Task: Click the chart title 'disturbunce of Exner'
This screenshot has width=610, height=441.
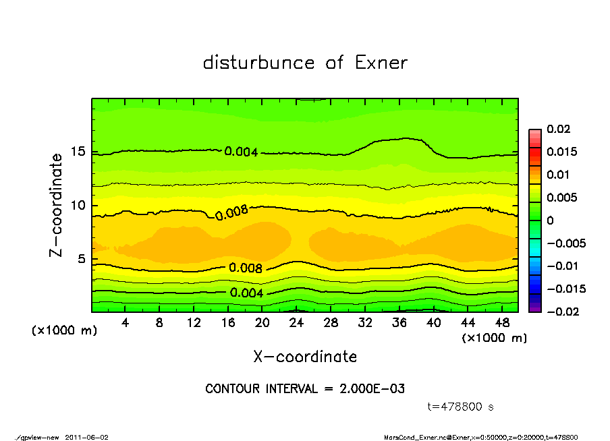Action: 305,63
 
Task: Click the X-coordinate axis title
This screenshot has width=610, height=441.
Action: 305,357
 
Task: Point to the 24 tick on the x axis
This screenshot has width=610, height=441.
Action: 296,323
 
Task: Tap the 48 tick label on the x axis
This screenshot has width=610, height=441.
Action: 501,323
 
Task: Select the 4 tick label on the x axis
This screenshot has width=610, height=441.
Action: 126,323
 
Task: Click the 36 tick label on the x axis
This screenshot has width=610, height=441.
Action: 399,323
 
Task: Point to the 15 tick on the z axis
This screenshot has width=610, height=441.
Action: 78,152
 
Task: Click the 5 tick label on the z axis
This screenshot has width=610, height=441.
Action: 81,259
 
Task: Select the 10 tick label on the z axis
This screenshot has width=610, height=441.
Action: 78,206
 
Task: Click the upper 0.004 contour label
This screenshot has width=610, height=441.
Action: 241,152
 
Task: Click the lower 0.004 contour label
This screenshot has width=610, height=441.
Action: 246,293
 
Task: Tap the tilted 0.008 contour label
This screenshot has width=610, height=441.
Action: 231,213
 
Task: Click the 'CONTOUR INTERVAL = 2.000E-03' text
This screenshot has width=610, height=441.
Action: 305,389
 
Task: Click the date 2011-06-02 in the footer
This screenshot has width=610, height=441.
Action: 87,437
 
